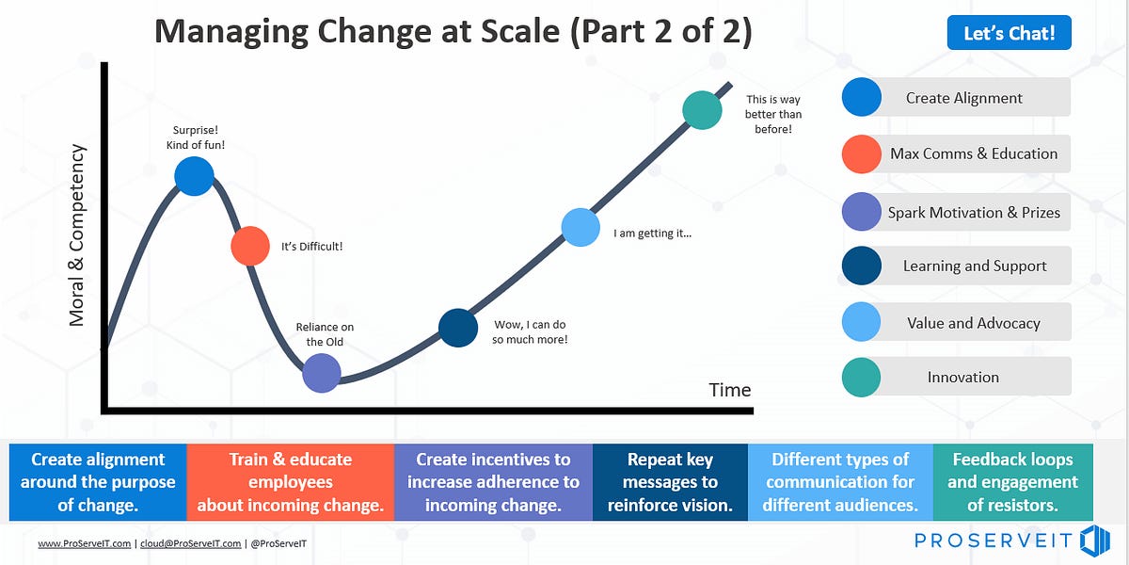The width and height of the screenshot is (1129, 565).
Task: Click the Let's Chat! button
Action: click(x=1009, y=34)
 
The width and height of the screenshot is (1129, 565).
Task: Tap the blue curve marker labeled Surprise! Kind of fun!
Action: click(x=194, y=176)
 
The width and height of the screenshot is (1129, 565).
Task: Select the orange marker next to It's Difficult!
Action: click(x=250, y=246)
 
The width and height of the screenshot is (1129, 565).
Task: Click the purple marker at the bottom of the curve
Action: click(x=322, y=373)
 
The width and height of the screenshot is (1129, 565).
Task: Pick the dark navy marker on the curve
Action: click(x=458, y=328)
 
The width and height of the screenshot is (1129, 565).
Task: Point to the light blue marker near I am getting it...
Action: click(x=580, y=227)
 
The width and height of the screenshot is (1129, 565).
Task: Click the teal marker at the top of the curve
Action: click(x=702, y=110)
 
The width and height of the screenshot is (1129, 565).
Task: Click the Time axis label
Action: click(x=730, y=390)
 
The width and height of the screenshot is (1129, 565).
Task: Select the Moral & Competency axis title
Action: click(x=77, y=235)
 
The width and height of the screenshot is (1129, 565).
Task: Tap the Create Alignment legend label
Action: click(x=963, y=98)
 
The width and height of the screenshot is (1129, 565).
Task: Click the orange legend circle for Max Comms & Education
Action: click(x=862, y=153)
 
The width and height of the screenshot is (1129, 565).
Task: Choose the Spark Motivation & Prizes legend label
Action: click(x=974, y=213)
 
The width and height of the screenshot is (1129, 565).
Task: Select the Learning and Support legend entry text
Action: click(x=975, y=266)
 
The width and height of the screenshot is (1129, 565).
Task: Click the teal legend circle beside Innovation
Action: click(x=862, y=377)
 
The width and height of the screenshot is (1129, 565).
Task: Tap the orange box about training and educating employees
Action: click(x=290, y=482)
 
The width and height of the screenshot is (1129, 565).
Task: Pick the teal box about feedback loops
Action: click(x=1012, y=482)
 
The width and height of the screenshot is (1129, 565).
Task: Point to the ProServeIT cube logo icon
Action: click(x=1095, y=541)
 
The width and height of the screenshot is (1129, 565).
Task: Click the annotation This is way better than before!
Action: click(x=773, y=114)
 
